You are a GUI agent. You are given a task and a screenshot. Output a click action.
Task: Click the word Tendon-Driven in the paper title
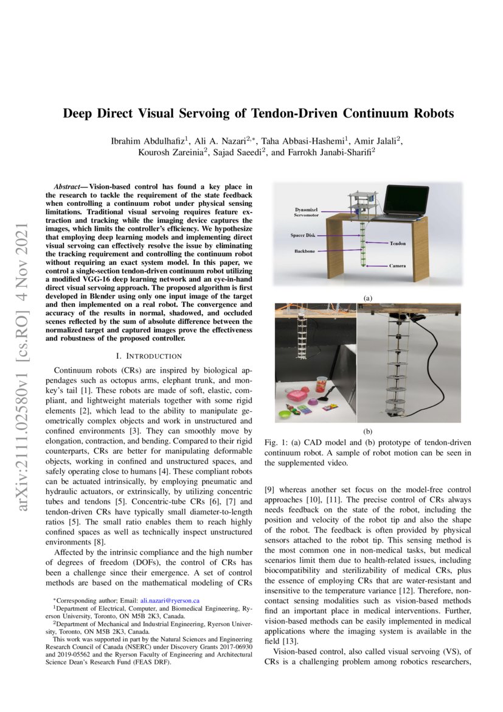(304, 113)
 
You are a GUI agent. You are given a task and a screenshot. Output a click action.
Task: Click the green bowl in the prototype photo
(284, 415)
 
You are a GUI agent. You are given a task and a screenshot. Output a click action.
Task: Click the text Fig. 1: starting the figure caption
(277, 441)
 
